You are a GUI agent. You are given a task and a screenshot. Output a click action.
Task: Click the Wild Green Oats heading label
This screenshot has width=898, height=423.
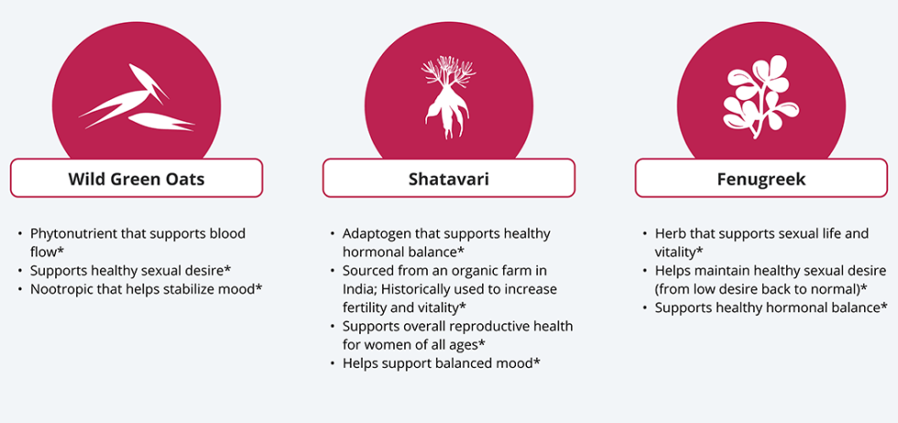coord(137,179)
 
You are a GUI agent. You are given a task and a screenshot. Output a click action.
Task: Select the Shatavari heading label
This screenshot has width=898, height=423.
coord(448,179)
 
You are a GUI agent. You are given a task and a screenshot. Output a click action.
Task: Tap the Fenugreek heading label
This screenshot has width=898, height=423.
coord(761,179)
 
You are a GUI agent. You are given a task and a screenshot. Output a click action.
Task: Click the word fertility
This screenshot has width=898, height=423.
coord(364,308)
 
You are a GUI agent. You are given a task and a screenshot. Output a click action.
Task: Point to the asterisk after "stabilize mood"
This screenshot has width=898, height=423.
coord(259,289)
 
